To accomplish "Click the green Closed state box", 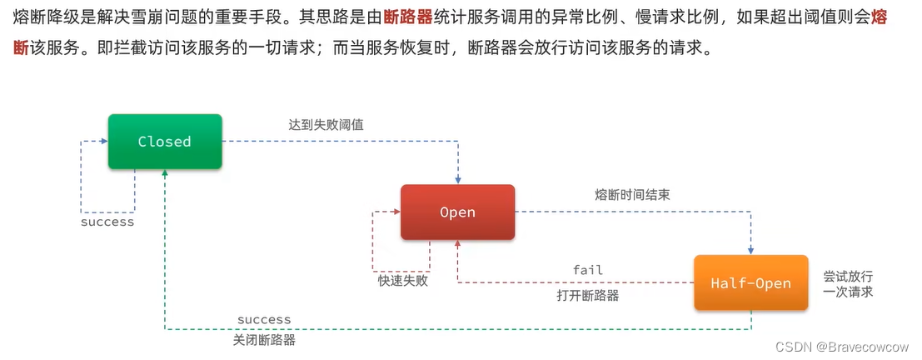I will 165,142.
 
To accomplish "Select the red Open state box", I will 457,212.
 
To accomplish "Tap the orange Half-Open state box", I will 750,283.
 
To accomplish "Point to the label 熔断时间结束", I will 633,195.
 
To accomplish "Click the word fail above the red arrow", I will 587,270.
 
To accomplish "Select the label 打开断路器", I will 587,295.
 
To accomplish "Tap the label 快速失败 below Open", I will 402,281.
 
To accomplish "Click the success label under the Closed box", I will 107,222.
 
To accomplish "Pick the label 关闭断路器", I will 264,340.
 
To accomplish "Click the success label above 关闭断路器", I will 264,320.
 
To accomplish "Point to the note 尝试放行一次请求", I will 848,284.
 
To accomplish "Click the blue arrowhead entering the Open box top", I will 457,180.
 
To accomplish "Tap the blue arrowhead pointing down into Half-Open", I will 751,250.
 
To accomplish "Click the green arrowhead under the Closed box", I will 165,173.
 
